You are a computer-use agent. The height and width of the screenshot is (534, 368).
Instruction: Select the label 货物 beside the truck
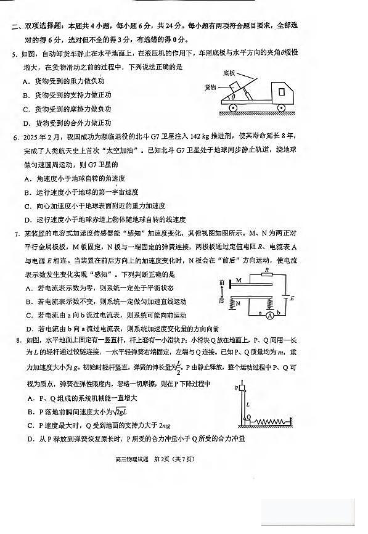coord(211,87)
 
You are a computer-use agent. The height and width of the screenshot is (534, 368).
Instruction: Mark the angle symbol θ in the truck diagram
coord(232,97)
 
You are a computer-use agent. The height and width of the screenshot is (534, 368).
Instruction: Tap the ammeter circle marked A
coord(269,314)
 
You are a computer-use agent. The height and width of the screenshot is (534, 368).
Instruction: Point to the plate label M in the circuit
coord(237,279)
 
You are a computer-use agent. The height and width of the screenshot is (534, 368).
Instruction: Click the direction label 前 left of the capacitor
coord(221,282)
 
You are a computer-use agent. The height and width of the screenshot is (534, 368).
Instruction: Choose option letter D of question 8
coord(31,439)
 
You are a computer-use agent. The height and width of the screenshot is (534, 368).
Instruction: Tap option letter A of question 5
coord(26,81)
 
